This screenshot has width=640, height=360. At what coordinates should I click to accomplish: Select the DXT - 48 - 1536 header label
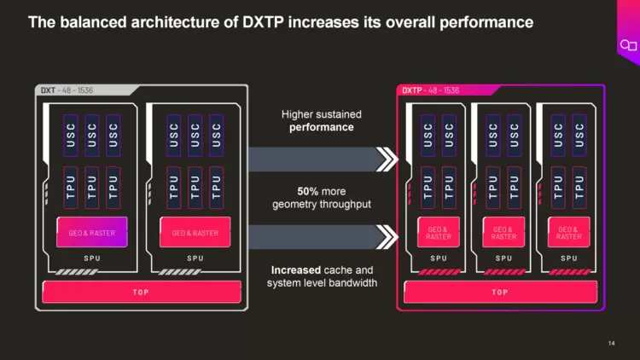pyautogui.click(x=69, y=90)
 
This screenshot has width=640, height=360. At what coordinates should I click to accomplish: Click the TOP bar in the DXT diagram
pyautogui.click(x=141, y=292)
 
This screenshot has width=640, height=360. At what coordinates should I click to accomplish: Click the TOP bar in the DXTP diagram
pyautogui.click(x=500, y=292)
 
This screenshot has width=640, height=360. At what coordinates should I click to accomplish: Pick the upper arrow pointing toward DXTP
pyautogui.click(x=325, y=159)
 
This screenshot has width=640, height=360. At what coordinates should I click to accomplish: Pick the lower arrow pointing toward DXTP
pyautogui.click(x=325, y=236)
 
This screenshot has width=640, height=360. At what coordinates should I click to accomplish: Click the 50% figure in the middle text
pyautogui.click(x=308, y=190)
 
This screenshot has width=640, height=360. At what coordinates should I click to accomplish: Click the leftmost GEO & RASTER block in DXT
pyautogui.click(x=92, y=232)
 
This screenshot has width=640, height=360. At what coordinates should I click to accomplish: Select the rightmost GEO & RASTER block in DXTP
pyautogui.click(x=568, y=232)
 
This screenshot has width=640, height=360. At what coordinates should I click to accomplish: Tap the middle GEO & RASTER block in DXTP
pyautogui.click(x=503, y=232)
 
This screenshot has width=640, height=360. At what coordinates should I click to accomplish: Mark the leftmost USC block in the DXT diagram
pyautogui.click(x=71, y=134)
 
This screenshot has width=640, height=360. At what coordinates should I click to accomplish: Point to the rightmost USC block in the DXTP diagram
pyautogui.click(x=579, y=134)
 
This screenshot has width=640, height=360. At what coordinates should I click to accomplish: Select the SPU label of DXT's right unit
pyautogui.click(x=195, y=258)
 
